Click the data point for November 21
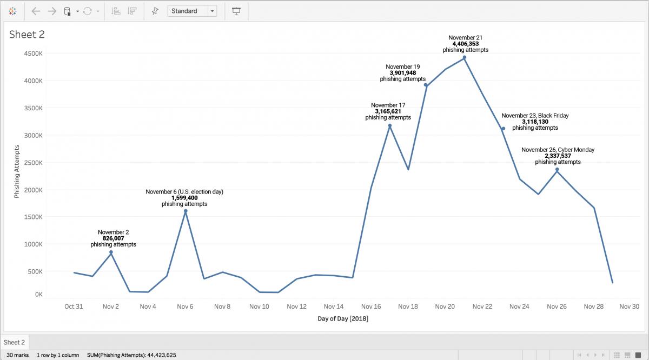pyautogui.click(x=465, y=57)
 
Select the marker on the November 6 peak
pyautogui.click(x=185, y=211)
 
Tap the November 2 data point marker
pyautogui.click(x=111, y=252)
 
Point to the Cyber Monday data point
pyautogui.click(x=557, y=170)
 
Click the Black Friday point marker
pyautogui.click(x=503, y=129)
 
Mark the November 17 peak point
pyautogui.click(x=389, y=125)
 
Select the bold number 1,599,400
pyautogui.click(x=184, y=198)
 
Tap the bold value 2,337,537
pyautogui.click(x=558, y=156)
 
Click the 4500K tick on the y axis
pyautogui.click(x=33, y=54)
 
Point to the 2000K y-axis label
pyautogui.click(x=33, y=190)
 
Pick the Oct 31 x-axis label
pyautogui.click(x=74, y=306)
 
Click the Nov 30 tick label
pyautogui.click(x=630, y=306)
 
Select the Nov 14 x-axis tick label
pyautogui.click(x=333, y=306)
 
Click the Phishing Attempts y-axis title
pyautogui.click(x=17, y=171)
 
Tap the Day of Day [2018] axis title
pyautogui.click(x=343, y=319)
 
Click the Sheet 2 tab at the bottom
pyautogui.click(x=15, y=342)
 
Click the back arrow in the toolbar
pyautogui.click(x=36, y=11)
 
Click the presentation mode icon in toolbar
pyautogui.click(x=236, y=11)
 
